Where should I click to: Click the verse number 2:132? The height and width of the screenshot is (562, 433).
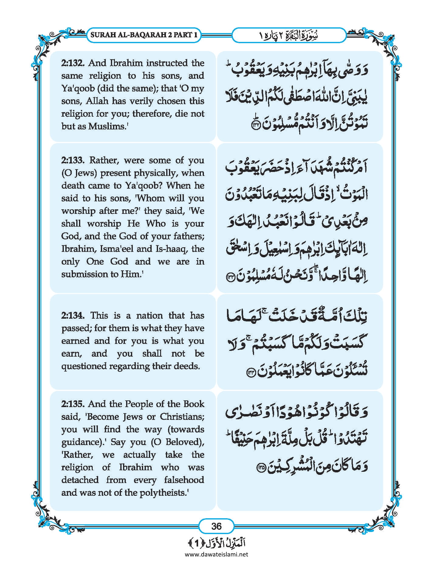pyautogui.click(x=73, y=63)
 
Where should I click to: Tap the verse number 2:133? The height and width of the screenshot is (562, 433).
pyautogui.click(x=73, y=160)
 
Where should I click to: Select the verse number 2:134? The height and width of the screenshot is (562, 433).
pyautogui.click(x=73, y=315)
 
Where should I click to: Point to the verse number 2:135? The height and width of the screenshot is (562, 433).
pyautogui.click(x=73, y=404)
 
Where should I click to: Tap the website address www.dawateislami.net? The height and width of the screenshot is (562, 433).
pyautogui.click(x=216, y=554)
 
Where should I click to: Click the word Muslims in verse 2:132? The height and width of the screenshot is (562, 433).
pyautogui.click(x=107, y=126)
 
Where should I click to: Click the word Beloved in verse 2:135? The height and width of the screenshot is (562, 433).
pyautogui.click(x=183, y=442)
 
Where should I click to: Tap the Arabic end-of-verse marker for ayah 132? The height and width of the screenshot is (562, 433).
pyautogui.click(x=255, y=126)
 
